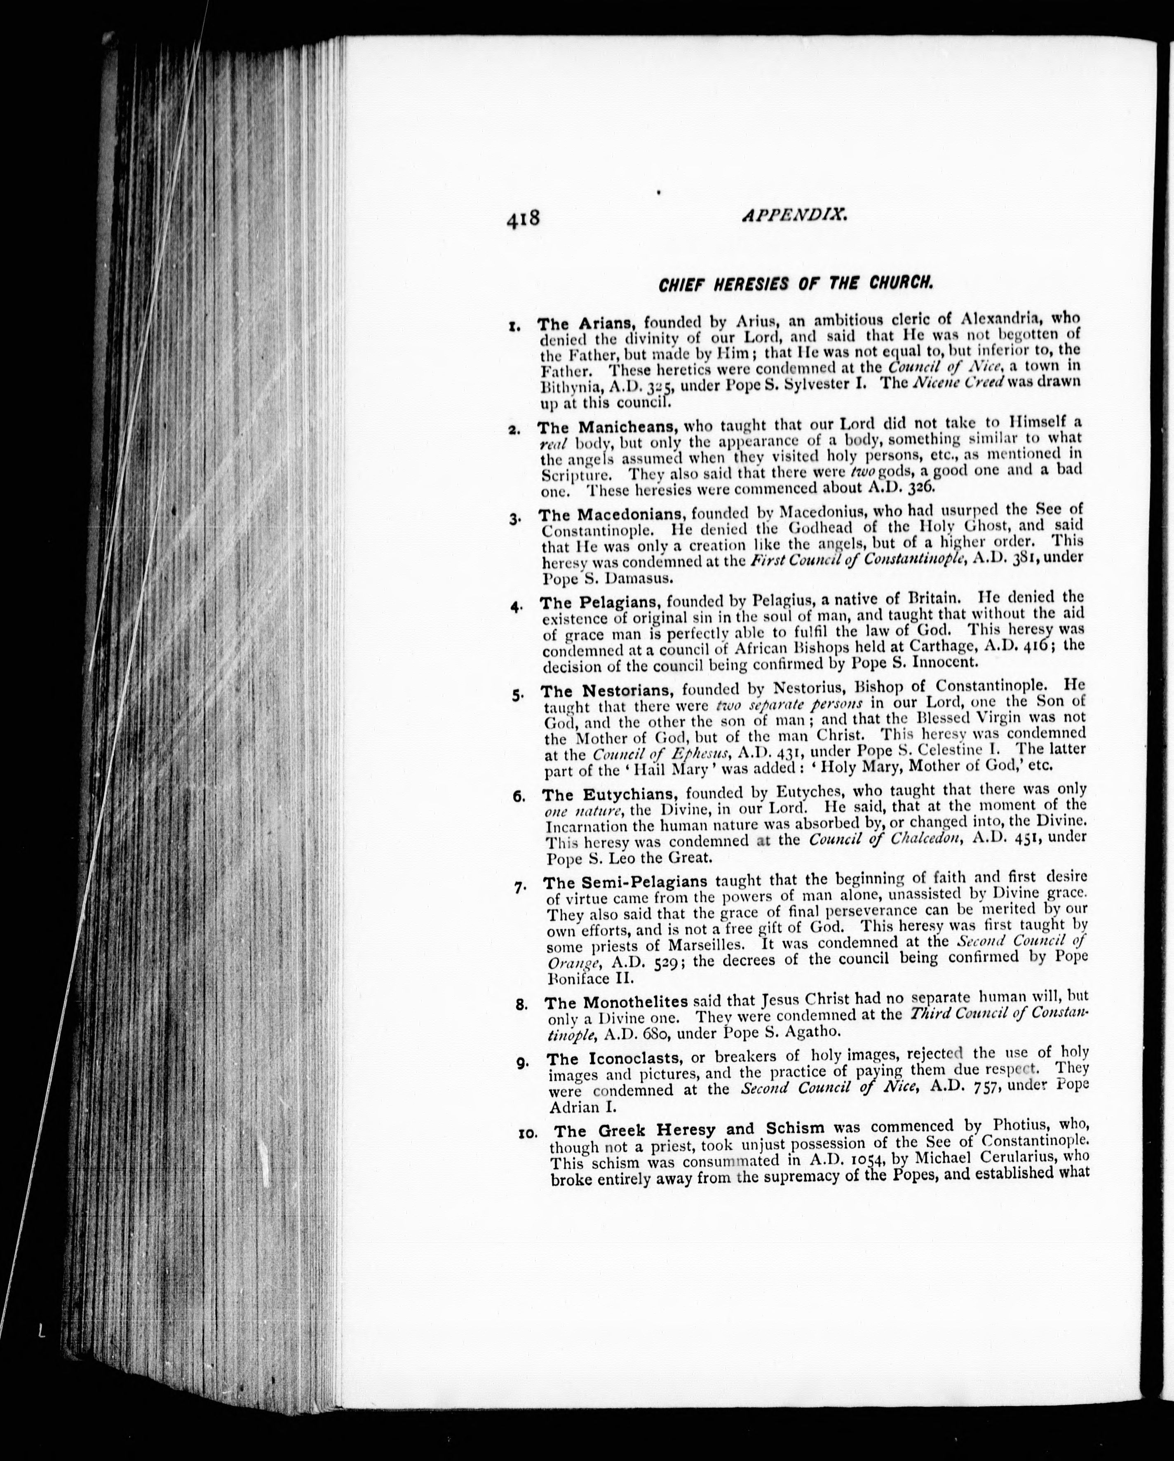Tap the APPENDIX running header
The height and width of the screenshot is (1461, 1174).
tap(795, 216)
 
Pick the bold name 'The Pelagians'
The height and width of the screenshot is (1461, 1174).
tap(599, 602)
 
